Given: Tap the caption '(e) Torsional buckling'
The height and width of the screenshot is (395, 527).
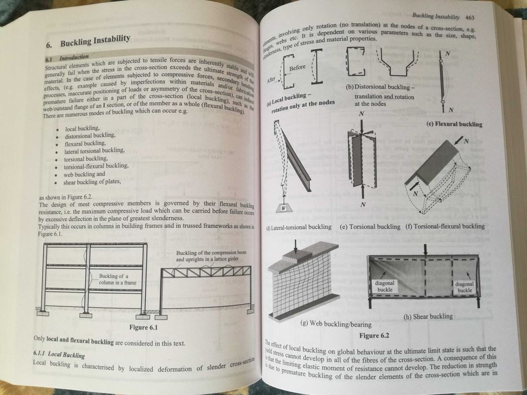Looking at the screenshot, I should (x=369, y=226).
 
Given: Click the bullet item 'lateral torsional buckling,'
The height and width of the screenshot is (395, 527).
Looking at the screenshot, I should (x=94, y=151).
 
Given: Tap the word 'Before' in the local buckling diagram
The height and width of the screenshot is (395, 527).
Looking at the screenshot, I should (x=297, y=68).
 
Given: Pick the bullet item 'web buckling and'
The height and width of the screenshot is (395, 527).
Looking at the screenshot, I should (x=89, y=174).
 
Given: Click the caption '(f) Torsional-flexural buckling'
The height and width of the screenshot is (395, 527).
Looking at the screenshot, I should (x=445, y=226).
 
